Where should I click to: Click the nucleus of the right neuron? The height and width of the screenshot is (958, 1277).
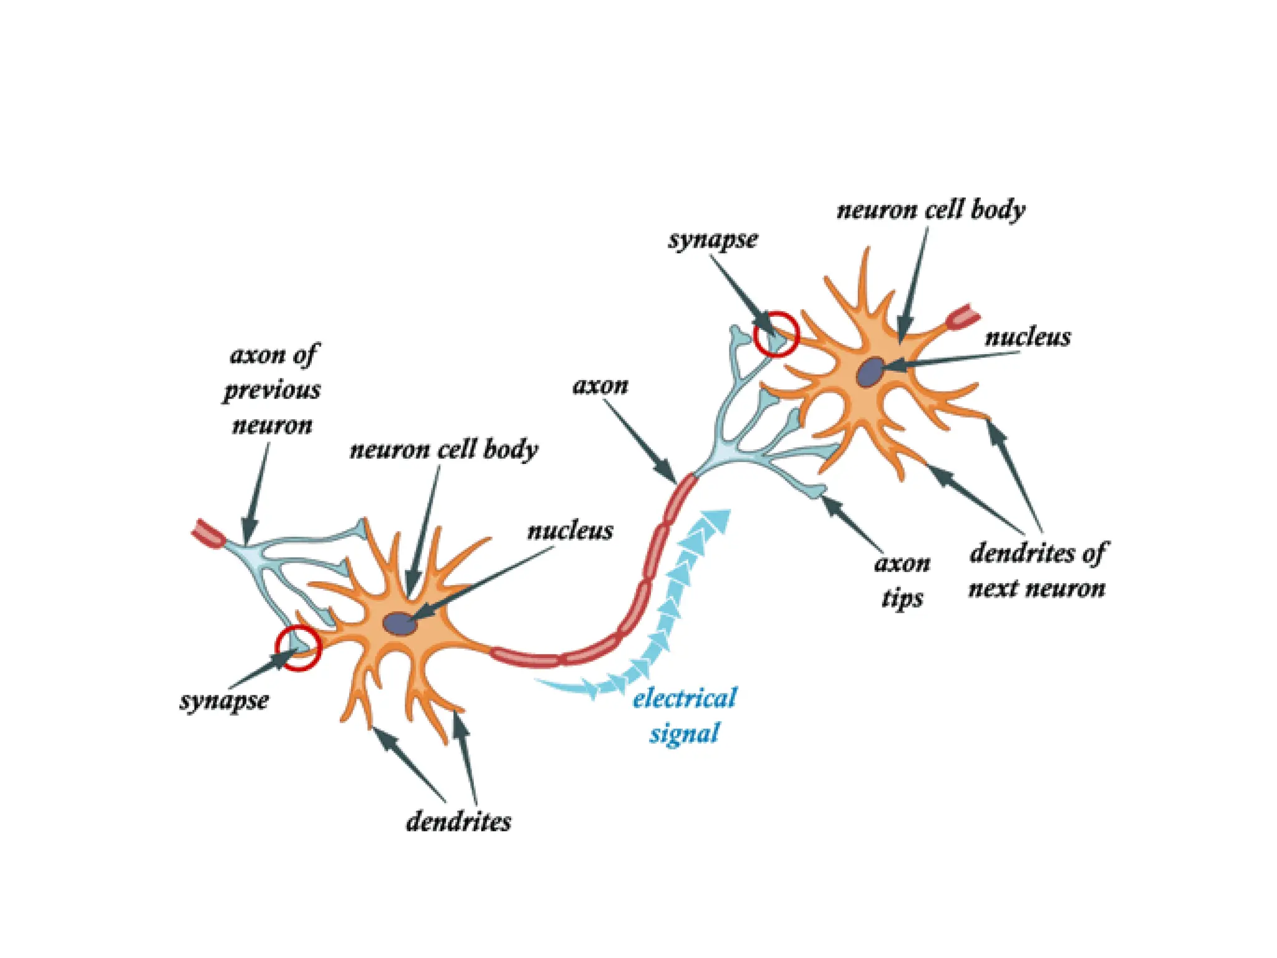[870, 372]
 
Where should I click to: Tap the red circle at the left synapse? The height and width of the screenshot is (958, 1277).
[299, 649]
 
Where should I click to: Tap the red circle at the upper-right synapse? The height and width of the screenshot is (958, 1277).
[776, 334]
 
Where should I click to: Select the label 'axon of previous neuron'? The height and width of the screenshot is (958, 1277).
[272, 390]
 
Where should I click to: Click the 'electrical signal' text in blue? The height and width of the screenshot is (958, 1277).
[685, 715]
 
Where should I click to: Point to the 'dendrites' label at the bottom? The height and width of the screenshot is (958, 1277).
[458, 822]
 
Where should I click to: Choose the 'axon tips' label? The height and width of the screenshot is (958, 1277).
[902, 581]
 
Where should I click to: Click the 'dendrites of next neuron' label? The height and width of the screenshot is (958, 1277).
[1037, 570]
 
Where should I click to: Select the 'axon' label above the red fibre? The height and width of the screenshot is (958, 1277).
[600, 386]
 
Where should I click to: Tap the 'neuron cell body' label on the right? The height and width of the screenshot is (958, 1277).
[930, 210]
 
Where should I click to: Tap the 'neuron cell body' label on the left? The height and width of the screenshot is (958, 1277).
[443, 450]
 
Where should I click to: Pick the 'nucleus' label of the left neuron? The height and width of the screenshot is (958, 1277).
[570, 531]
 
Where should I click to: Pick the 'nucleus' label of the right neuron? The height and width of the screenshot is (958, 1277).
[1028, 337]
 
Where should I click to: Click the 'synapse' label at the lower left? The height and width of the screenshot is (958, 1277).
[224, 700]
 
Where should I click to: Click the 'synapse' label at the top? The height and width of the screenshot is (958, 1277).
[713, 239]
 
